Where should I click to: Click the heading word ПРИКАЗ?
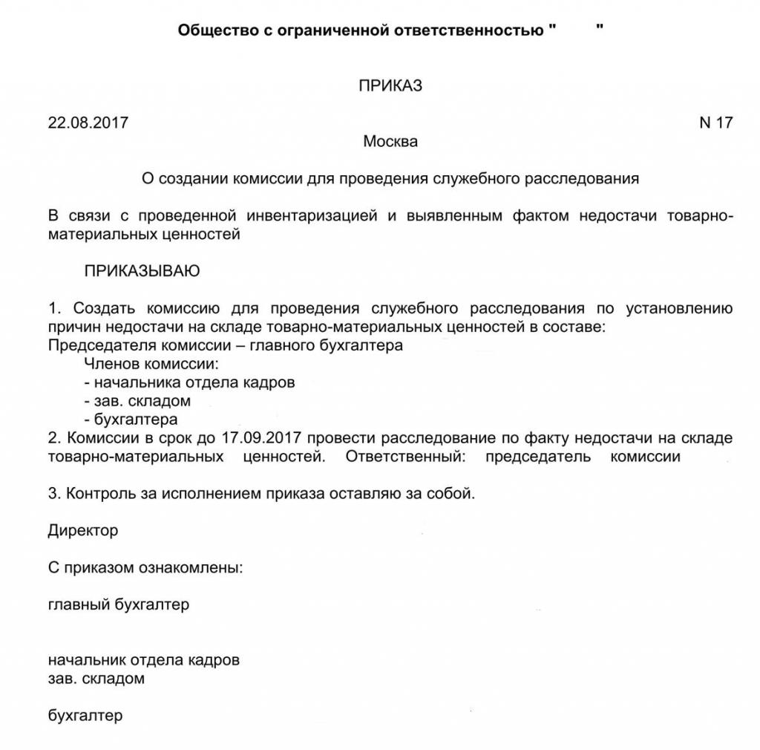point(390,85)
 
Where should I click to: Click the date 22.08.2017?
point(88,123)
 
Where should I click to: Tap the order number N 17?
point(715,123)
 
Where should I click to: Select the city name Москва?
point(390,141)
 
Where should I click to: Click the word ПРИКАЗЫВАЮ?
point(142,271)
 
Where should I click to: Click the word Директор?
point(83,531)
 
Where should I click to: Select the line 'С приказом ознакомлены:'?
point(145,569)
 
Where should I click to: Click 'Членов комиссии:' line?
point(152,364)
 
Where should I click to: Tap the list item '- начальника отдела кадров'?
point(189,382)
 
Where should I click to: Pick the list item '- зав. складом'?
point(137,401)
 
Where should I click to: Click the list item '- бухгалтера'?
point(131,420)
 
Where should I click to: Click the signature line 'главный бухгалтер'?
point(119,604)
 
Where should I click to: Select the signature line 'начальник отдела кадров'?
point(144,659)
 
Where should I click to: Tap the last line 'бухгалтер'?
point(85,716)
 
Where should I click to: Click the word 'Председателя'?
point(96,345)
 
